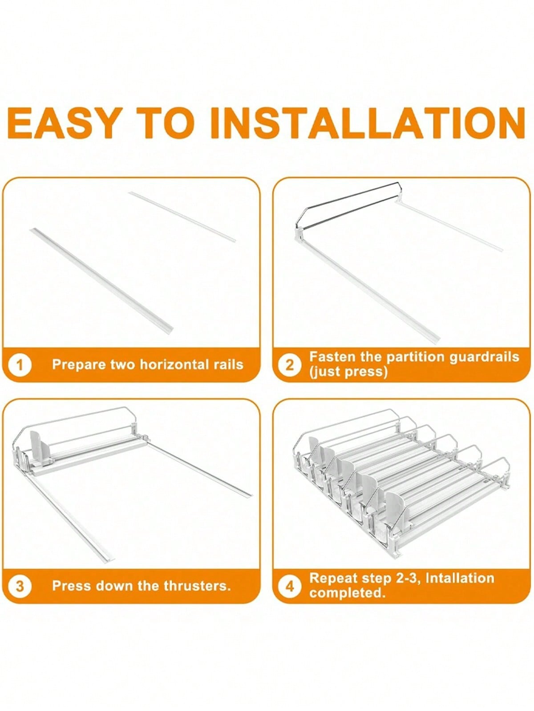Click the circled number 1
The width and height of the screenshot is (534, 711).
click(20, 365)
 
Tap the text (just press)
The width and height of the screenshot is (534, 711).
click(348, 372)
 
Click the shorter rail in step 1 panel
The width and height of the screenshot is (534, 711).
click(182, 216)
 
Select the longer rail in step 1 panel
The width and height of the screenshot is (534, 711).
click(101, 279)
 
